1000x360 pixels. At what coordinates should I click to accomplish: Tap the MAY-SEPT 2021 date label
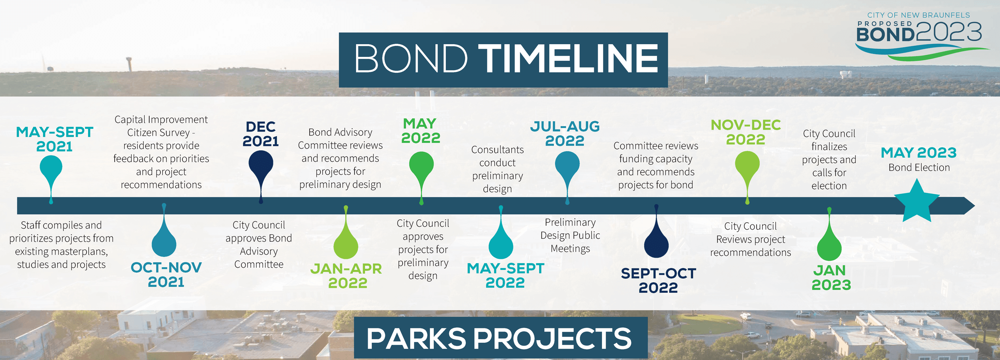pyautogui.click(x=54, y=139)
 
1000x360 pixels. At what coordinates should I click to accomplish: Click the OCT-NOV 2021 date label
pyautogui.click(x=166, y=274)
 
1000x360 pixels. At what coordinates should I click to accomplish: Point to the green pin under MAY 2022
pyautogui.click(x=421, y=165)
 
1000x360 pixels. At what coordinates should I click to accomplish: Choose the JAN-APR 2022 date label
pyautogui.click(x=346, y=275)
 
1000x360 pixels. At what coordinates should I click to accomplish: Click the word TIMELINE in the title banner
pyautogui.click(x=568, y=59)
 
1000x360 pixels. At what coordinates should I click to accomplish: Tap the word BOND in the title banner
pyautogui.click(x=411, y=59)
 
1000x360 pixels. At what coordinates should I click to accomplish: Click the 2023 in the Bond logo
pyautogui.click(x=949, y=32)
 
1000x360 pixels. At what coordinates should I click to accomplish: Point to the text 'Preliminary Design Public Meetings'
pyautogui.click(x=570, y=235)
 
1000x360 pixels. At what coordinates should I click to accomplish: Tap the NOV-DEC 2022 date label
pyautogui.click(x=745, y=132)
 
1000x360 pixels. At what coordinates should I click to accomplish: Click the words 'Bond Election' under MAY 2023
pyautogui.click(x=919, y=168)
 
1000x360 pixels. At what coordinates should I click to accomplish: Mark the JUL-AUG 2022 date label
pyautogui.click(x=565, y=133)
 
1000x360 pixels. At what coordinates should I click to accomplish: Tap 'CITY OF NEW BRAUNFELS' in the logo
pyautogui.click(x=918, y=15)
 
